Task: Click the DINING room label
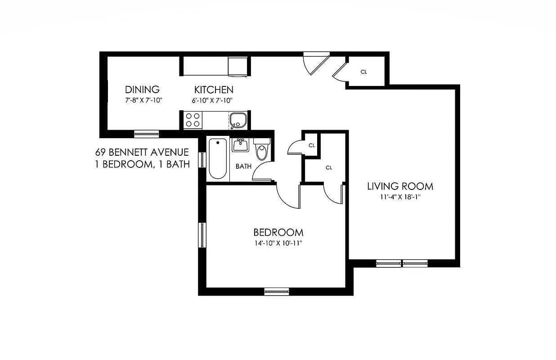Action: click(x=142, y=90)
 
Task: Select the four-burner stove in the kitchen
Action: click(x=193, y=120)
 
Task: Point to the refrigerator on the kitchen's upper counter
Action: click(x=238, y=67)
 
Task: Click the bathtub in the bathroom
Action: click(x=218, y=159)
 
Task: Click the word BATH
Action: click(x=244, y=166)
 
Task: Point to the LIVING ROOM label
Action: click(x=400, y=186)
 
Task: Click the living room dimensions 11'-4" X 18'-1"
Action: click(x=400, y=197)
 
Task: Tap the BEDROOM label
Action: click(x=278, y=233)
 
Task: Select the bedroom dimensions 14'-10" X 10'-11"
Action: click(x=278, y=243)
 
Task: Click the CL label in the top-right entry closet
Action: click(x=364, y=72)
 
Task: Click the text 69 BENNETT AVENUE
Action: click(x=142, y=153)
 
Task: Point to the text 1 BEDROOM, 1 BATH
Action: click(x=142, y=164)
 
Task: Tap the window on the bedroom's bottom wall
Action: click(x=276, y=291)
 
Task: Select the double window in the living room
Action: click(x=401, y=264)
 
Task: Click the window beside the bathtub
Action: click(x=202, y=160)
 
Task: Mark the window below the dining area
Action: click(x=147, y=134)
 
